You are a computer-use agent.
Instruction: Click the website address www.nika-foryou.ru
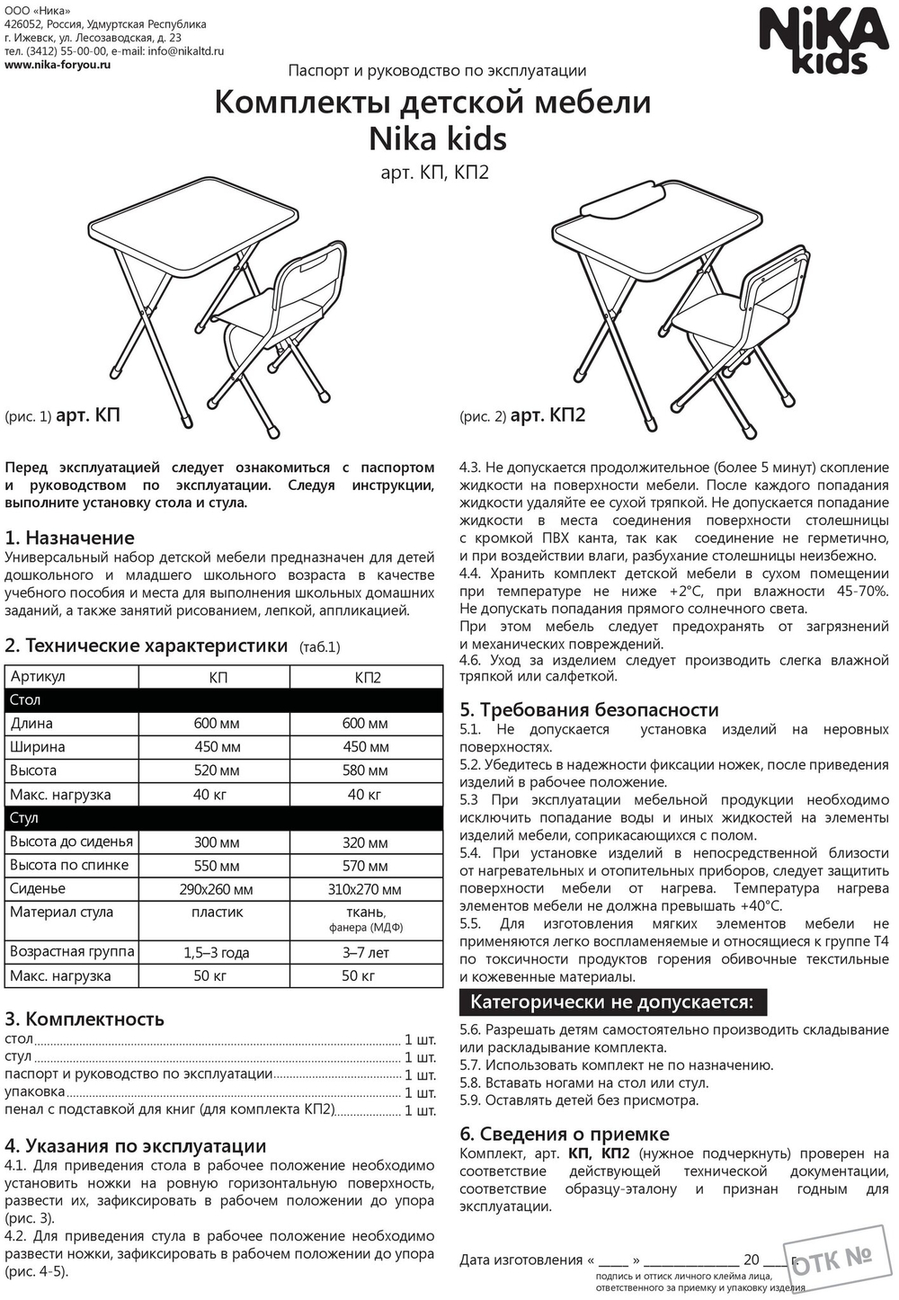tap(58, 65)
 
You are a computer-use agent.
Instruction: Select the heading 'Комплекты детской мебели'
tap(432, 102)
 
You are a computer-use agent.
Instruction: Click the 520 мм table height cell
tap(217, 770)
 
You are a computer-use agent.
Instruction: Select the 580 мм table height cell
tap(365, 770)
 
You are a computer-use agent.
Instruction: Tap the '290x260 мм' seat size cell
tap(217, 889)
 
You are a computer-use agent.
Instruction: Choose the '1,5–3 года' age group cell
tap(217, 952)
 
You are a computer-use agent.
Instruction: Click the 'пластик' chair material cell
tap(217, 913)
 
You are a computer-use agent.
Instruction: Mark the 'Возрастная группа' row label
tap(72, 951)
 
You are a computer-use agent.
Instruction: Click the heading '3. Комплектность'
tap(85, 1019)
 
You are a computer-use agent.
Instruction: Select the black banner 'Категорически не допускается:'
tap(612, 1002)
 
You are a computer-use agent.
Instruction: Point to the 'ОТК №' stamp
tap(832, 1259)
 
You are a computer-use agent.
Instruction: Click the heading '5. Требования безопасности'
tap(589, 709)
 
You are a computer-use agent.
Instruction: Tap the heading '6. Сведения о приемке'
tap(565, 1134)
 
